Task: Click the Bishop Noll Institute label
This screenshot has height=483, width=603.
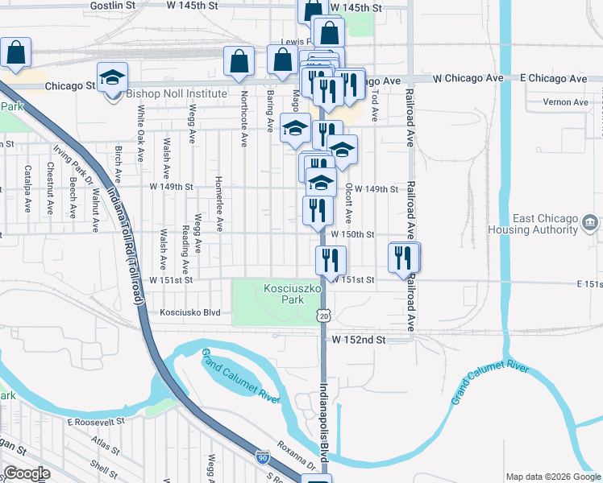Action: (x=177, y=93)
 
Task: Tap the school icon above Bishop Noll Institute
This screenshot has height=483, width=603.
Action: (x=112, y=77)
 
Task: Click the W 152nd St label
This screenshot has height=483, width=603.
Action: (x=360, y=340)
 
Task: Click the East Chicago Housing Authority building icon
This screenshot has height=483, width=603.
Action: (x=589, y=221)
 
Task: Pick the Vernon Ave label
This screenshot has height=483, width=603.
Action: (x=565, y=102)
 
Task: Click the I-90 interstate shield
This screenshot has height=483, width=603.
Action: (x=263, y=457)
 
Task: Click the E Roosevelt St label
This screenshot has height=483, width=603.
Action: (x=96, y=421)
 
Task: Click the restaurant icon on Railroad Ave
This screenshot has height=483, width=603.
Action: (x=404, y=258)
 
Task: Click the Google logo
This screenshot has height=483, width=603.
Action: (x=27, y=473)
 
